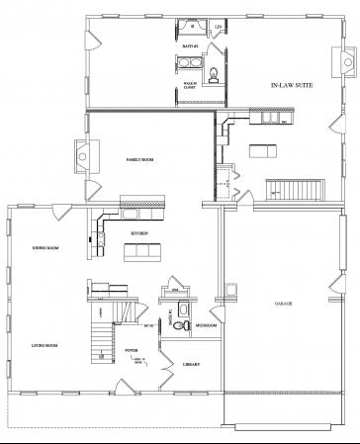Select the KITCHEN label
click(x=140, y=232)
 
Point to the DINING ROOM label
click(x=45, y=248)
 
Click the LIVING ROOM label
click(x=45, y=345)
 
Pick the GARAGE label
click(x=284, y=303)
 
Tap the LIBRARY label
click(x=193, y=364)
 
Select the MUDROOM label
click(x=206, y=323)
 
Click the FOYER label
click(x=131, y=349)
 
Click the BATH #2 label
click(x=191, y=46)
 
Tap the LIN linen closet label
click(x=218, y=27)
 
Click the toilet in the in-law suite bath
click(x=217, y=72)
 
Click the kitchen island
click(x=138, y=251)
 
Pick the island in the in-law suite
click(x=261, y=151)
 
